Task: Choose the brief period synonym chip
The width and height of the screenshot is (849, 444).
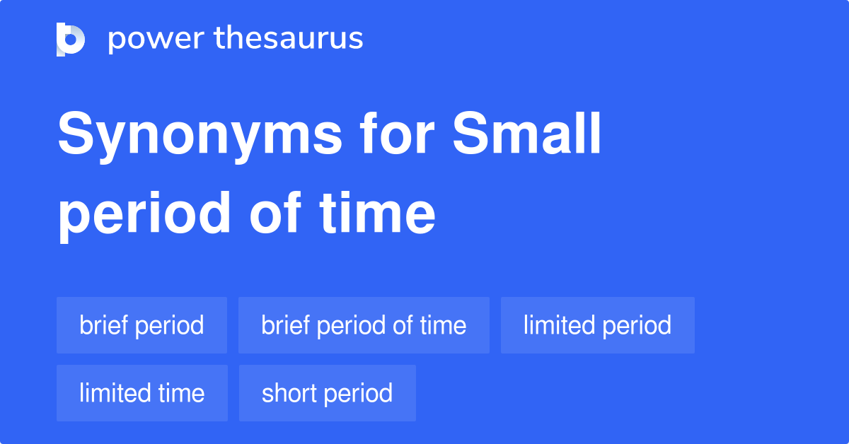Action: pos(141,325)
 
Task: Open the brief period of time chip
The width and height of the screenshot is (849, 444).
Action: pos(364,325)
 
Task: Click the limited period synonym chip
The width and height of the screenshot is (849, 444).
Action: pos(597,325)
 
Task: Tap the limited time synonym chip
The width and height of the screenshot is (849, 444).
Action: pos(141,393)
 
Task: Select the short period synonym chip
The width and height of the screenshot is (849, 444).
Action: pos(327,393)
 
